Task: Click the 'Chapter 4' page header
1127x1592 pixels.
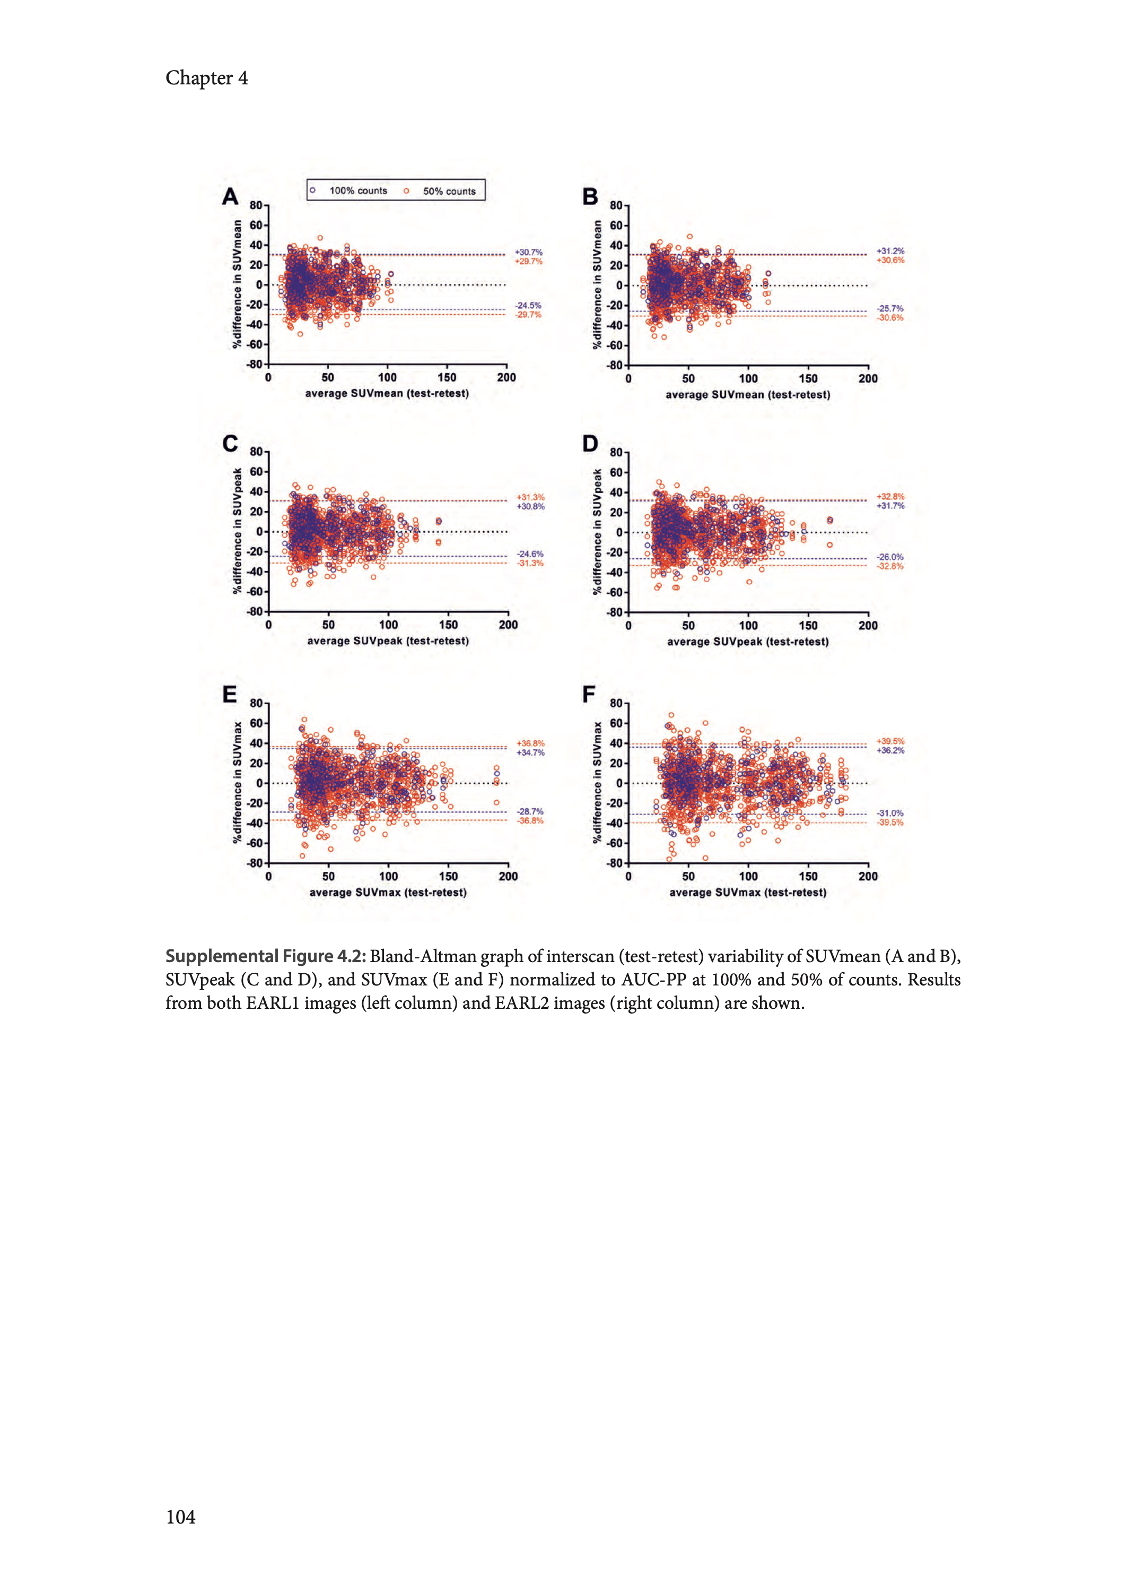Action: pyautogui.click(x=206, y=78)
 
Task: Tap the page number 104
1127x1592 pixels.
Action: pyautogui.click(x=180, y=1517)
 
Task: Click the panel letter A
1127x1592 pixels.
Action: pyautogui.click(x=230, y=197)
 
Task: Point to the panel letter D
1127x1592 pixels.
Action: pyautogui.click(x=590, y=444)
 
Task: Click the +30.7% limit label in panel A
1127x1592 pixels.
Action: pyautogui.click(x=529, y=252)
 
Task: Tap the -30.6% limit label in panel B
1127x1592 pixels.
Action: pyautogui.click(x=889, y=318)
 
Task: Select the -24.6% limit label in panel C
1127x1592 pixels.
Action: pyautogui.click(x=530, y=554)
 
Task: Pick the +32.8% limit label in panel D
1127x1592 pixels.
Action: pyautogui.click(x=890, y=496)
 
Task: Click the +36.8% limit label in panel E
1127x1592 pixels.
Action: pyautogui.click(x=530, y=743)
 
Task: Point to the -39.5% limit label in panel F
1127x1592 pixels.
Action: pyautogui.click(x=889, y=823)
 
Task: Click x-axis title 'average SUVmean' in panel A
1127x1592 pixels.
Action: pyautogui.click(x=387, y=394)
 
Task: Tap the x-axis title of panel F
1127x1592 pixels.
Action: pyautogui.click(x=747, y=893)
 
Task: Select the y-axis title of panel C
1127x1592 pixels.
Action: pyautogui.click(x=238, y=531)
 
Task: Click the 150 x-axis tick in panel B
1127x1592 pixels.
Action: pyautogui.click(x=808, y=379)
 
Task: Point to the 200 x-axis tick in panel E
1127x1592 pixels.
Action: pyautogui.click(x=508, y=877)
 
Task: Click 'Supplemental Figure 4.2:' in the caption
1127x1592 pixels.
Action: pyautogui.click(x=265, y=957)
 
